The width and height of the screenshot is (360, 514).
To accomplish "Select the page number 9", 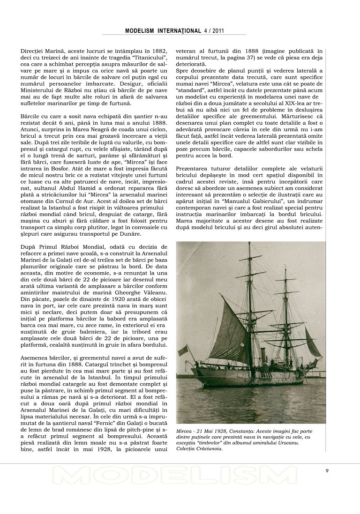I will (327, 471).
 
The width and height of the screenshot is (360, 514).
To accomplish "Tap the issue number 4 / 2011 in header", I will (214, 31).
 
